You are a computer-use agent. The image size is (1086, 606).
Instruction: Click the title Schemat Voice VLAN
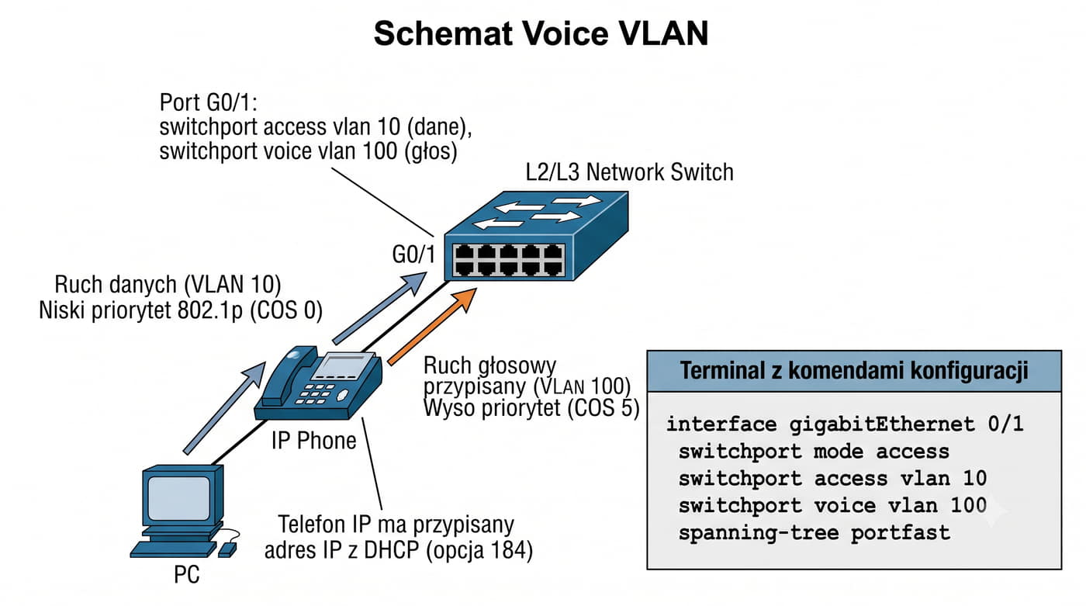541,33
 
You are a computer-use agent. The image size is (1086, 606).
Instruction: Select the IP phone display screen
343,366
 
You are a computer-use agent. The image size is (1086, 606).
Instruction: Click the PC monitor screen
179,497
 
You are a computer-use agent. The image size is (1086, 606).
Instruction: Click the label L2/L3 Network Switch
629,172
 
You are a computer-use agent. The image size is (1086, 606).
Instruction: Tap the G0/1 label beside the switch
413,255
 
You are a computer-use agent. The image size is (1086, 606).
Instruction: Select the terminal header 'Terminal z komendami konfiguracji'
854,371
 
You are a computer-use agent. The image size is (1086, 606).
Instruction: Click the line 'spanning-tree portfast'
814,533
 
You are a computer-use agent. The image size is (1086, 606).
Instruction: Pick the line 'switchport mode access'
814,452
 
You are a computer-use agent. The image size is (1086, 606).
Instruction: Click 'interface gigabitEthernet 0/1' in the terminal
845,424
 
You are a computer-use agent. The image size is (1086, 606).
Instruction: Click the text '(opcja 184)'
479,550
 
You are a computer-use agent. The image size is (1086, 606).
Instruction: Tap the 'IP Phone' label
313,441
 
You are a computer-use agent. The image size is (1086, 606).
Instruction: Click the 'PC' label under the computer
187,575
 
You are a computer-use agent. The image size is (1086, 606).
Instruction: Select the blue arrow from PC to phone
224,407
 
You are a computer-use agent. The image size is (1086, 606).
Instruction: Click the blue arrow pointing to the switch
379,308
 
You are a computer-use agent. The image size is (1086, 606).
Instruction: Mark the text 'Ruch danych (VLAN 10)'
168,285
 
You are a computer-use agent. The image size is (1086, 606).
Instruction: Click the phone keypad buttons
315,393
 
